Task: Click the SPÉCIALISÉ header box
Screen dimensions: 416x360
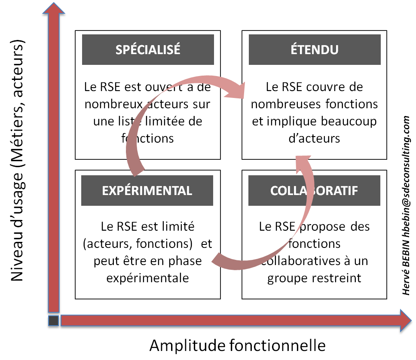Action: pos(148,49)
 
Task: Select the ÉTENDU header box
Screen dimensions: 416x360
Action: pos(314,49)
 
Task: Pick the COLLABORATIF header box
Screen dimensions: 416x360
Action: pos(314,190)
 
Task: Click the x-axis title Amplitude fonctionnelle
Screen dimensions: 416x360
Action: pos(237,345)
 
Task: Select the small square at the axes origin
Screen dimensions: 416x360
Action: pos(53,320)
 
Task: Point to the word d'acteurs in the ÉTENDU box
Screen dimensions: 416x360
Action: pos(314,138)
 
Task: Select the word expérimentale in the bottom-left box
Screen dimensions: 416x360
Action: pos(147,278)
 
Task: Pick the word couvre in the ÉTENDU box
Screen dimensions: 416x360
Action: pos(329,87)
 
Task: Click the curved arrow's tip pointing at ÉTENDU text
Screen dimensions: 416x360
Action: pos(243,90)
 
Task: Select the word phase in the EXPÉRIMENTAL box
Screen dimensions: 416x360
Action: pos(185,261)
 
